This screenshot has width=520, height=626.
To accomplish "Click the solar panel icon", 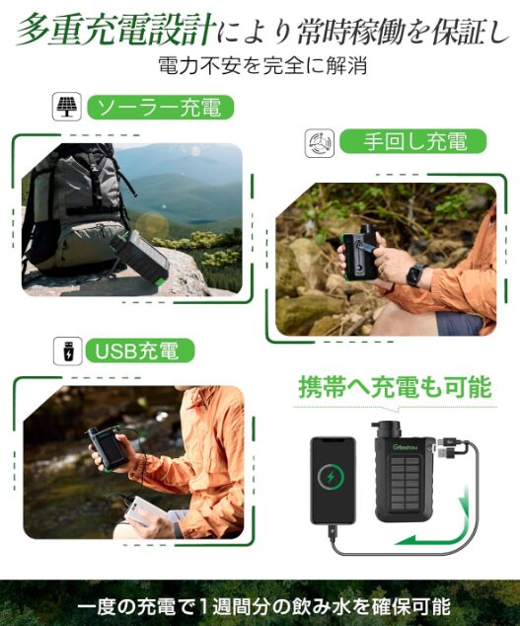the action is pyautogui.click(x=67, y=107).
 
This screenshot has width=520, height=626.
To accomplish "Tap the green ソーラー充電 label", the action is pyautogui.click(x=160, y=107).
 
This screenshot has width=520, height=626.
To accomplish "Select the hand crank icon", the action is pyautogui.click(x=320, y=142).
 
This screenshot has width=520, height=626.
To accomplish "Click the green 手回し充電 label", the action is pyautogui.click(x=413, y=141).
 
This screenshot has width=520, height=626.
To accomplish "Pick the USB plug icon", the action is pyautogui.click(x=68, y=351).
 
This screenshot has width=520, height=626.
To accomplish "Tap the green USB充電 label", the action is pyautogui.click(x=140, y=351).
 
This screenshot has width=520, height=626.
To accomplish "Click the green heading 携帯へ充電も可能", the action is pyautogui.click(x=395, y=387).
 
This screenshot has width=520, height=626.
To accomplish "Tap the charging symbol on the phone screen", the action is pyautogui.click(x=331, y=477).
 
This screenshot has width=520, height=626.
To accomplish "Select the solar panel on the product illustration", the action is pyautogui.click(x=405, y=483).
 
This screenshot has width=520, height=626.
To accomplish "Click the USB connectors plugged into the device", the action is pyautogui.click(x=448, y=447).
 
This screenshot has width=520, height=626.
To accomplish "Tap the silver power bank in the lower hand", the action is pyautogui.click(x=144, y=511).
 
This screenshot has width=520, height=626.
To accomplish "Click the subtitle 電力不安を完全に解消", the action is pyautogui.click(x=262, y=66).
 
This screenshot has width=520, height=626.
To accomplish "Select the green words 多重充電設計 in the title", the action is pyautogui.click(x=115, y=30).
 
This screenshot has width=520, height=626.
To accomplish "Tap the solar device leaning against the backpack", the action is pyautogui.click(x=140, y=256).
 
